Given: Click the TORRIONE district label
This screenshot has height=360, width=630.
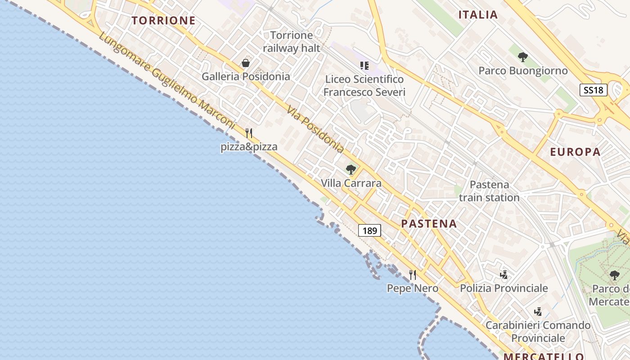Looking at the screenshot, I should click(x=164, y=20).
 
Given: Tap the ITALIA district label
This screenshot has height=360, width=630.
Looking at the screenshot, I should click(x=478, y=15).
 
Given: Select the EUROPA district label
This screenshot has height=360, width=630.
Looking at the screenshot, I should click(x=575, y=152).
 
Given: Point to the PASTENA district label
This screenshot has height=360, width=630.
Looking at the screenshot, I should click(x=429, y=224).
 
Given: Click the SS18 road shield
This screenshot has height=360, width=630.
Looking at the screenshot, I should click(x=593, y=90).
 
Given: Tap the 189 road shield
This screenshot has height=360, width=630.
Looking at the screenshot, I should click(x=369, y=231).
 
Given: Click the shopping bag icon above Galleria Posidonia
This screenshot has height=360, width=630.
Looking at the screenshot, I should click(x=246, y=63).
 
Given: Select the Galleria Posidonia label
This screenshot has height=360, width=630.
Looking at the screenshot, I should click(x=246, y=76).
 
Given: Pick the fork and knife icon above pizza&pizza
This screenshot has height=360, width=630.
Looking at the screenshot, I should click(x=249, y=133).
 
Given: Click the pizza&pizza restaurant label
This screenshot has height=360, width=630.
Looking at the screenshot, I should click(x=249, y=147).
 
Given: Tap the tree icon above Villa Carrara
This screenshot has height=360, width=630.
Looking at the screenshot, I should click(x=351, y=170).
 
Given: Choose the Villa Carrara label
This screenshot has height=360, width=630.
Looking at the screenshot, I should click(x=351, y=183).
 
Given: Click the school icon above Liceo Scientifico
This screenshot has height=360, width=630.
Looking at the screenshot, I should click(x=364, y=66).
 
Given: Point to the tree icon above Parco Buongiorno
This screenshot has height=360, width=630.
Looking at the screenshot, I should click(x=522, y=57).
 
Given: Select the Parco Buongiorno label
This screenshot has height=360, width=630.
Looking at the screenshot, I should click(x=523, y=71).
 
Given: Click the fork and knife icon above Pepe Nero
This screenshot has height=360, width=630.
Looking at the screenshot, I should click(x=412, y=274).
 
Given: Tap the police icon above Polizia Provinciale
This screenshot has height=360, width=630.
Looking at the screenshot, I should click(x=504, y=274).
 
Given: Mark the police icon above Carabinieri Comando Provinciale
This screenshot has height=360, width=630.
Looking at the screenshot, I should click(x=538, y=311).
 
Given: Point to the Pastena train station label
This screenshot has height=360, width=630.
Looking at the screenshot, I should click(x=489, y=191).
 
